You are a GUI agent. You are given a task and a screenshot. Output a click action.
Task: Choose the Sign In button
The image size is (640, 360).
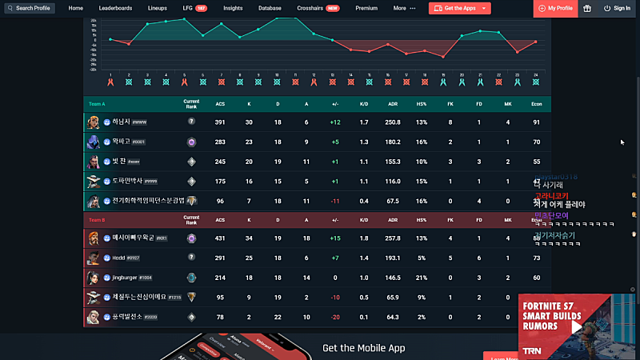coord(617,8)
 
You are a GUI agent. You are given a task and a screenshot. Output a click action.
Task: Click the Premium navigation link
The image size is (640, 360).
coord(366,8)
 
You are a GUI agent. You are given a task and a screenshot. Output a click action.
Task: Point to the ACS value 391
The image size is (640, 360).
coord(220,122)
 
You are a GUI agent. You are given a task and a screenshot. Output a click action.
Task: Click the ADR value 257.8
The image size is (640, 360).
coord(393,238)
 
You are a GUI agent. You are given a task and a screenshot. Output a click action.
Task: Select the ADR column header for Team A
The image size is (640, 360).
coord(393,104)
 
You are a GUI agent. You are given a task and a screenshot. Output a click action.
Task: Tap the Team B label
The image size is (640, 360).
coord(97,219)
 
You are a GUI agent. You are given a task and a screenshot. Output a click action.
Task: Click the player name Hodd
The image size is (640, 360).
coord(119,258)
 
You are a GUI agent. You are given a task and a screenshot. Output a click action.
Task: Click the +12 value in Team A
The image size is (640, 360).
coord(334,122)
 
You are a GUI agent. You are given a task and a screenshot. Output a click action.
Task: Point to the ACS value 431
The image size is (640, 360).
coord(220,238)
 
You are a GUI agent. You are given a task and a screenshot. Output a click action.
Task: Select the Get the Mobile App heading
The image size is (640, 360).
coord(363,348)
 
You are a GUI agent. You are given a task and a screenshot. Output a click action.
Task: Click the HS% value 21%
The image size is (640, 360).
coord(422,277)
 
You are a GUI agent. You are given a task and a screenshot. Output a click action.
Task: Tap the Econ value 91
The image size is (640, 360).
coord(536,122)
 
